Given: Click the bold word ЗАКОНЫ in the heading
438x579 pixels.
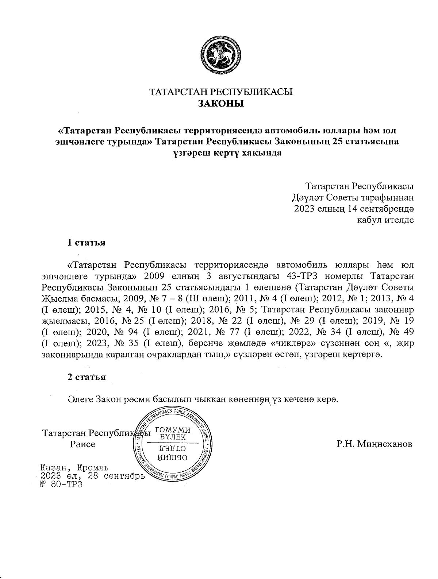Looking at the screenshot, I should (220, 104).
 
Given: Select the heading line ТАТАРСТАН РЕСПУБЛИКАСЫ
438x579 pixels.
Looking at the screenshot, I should (222, 92).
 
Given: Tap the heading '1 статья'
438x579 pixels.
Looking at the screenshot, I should (87, 243).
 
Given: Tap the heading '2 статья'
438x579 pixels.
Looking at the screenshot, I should (87, 377).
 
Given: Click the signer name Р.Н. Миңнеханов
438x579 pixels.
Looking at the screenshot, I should (375, 444).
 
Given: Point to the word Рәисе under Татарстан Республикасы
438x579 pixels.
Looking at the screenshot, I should (82, 444).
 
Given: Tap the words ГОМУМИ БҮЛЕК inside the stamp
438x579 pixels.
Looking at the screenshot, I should (173, 433).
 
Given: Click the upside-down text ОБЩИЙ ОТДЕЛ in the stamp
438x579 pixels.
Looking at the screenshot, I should (173, 452).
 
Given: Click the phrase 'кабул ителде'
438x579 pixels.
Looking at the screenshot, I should (385, 220).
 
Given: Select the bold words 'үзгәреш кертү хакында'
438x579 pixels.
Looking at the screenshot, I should (227, 153).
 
